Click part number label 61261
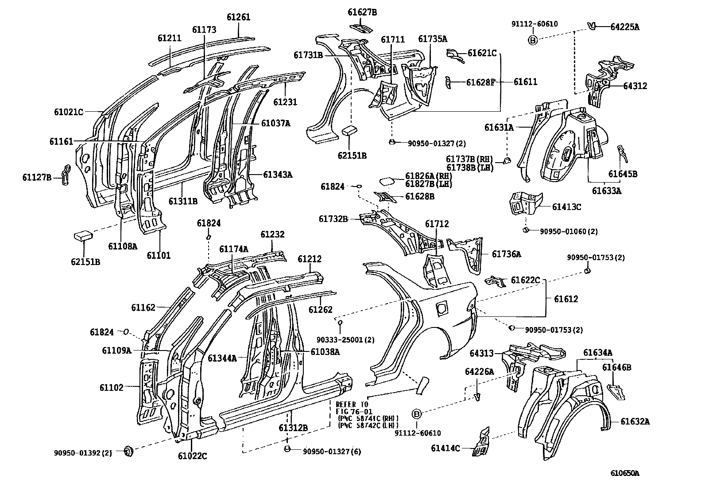coord(238,17)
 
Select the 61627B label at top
coord(362,12)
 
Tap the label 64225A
coord(624,27)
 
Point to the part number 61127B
coord(37,178)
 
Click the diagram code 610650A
coord(624,473)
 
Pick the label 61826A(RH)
coord(428,176)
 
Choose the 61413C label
coord(566,206)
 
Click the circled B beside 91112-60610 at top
coord(533,40)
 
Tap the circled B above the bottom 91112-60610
coord(416,414)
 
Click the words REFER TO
coord(352,404)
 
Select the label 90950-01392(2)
coord(83,452)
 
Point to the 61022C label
coord(192,455)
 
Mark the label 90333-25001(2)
coord(345,339)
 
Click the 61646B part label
coord(616,367)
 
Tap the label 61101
coord(159,255)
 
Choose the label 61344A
coord(222,358)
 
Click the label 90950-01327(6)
coord(332,452)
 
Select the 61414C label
coord(445,448)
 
